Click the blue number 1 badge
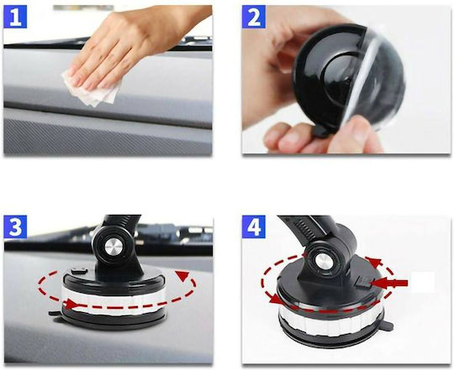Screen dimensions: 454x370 click(x=15, y=17)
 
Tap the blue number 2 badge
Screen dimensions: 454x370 click(x=254, y=17)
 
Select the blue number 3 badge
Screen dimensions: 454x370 click(x=15, y=227)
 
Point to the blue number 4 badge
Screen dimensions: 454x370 click(x=254, y=227)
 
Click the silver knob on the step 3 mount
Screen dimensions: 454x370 click(x=113, y=248)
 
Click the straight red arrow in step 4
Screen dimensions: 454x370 click(x=389, y=284)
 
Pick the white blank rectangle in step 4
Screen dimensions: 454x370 click(x=423, y=282)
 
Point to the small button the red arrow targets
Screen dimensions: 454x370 click(x=363, y=282)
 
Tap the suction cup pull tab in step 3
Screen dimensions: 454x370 click(x=55, y=313)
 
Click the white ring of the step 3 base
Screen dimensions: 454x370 click(x=113, y=300)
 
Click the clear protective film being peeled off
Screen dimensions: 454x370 click(x=373, y=86)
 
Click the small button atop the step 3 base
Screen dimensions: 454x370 click(x=79, y=271)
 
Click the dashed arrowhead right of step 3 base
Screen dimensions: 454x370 click(x=182, y=275)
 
